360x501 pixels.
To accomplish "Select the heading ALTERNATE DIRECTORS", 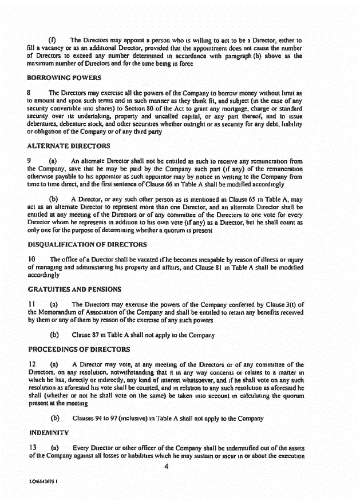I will tap(65, 146).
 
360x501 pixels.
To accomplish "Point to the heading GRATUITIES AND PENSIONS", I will tap(69, 286).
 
